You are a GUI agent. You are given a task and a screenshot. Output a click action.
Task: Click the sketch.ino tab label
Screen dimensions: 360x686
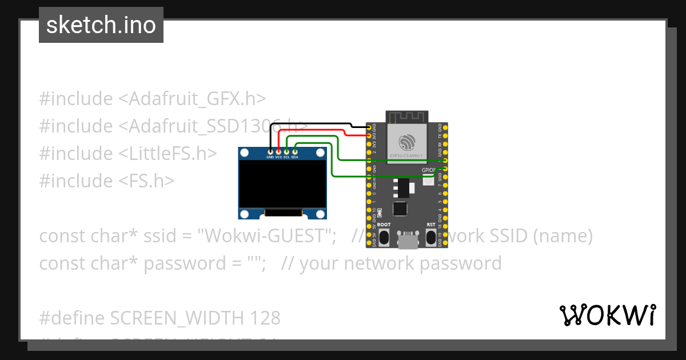pos(101,25)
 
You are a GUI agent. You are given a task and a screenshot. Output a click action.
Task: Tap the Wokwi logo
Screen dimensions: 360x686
pos(607,315)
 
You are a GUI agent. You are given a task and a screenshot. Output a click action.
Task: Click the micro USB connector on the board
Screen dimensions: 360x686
pos(407,241)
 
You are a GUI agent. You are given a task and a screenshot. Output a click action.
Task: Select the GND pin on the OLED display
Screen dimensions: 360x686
pos(270,152)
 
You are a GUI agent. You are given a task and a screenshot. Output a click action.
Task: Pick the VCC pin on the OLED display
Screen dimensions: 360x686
pos(278,152)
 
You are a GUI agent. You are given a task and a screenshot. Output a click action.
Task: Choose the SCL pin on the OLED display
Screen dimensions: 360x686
pos(286,152)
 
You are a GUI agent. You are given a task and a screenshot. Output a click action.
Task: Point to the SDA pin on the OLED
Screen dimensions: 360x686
pos(295,152)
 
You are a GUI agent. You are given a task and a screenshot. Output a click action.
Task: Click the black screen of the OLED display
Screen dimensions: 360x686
pos(282,184)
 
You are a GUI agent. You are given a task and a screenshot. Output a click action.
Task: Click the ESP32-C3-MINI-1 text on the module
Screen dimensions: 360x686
pos(407,155)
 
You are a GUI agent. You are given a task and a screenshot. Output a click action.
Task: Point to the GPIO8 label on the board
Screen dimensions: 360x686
pos(429,170)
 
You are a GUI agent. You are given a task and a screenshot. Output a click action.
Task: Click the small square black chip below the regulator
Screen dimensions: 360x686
pos(400,209)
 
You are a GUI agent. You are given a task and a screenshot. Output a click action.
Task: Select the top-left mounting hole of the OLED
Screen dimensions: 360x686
pos(245,153)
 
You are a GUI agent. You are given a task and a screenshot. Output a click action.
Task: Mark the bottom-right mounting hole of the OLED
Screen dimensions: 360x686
pos(321,214)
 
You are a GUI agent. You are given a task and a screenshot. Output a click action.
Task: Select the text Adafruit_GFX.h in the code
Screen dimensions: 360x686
pos(192,98)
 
